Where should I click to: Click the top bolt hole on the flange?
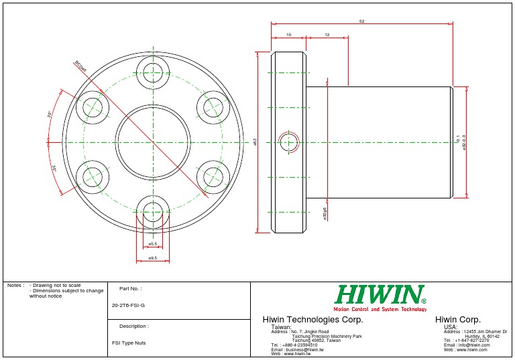pyautogui.click(x=153, y=72)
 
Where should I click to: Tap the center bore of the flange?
pyautogui.click(x=153, y=141)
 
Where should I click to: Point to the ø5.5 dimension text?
pyautogui.click(x=153, y=244)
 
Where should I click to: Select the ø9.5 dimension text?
pyautogui.click(x=153, y=257)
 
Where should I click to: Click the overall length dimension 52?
pyautogui.click(x=361, y=21)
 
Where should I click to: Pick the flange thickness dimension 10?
pyautogui.click(x=288, y=34)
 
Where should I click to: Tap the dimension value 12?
pyautogui.click(x=327, y=34)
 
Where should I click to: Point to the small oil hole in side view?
pyautogui.click(x=290, y=142)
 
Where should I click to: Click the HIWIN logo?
pyautogui.click(x=380, y=295)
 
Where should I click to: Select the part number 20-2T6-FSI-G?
pyautogui.click(x=128, y=305)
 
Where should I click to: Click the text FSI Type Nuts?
pyautogui.click(x=128, y=343)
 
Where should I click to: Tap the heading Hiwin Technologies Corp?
pyautogui.click(x=312, y=319)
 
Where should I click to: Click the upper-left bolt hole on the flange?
pyautogui.click(x=93, y=107)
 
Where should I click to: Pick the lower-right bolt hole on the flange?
pyautogui.click(x=214, y=176)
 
